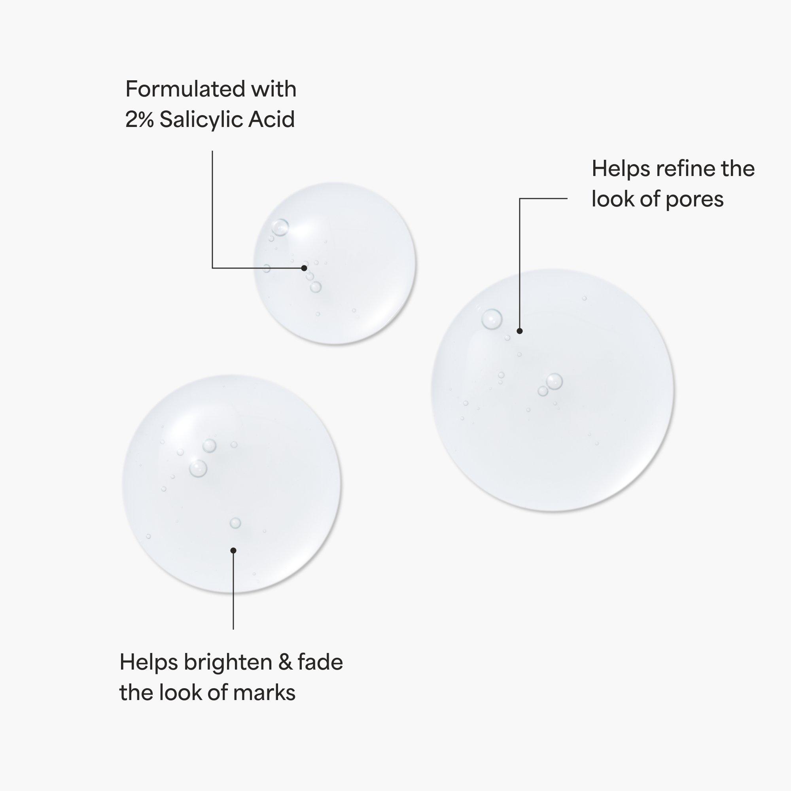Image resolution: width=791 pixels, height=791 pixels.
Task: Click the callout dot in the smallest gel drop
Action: tap(304, 268)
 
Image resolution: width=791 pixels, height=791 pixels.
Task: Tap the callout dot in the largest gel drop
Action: tap(520, 331)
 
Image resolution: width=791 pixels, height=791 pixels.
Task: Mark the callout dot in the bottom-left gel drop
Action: tap(233, 550)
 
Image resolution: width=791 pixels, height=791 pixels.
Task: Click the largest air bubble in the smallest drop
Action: tap(280, 227)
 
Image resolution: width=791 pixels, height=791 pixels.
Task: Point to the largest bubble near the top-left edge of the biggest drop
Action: tap(492, 318)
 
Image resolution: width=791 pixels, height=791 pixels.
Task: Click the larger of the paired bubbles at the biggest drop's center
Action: tap(554, 382)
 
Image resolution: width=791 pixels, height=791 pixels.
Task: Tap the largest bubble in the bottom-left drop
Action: tap(198, 468)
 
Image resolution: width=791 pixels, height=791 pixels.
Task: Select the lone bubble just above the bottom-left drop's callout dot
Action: tap(235, 523)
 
